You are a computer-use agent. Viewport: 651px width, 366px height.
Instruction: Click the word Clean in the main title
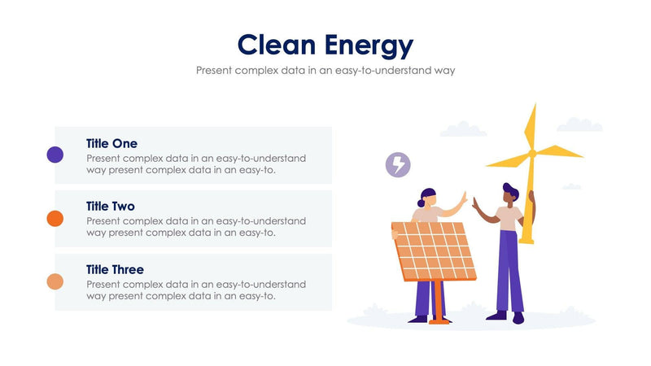pyautogui.click(x=273, y=45)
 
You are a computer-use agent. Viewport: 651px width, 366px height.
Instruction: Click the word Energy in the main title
pyautogui.click(x=369, y=46)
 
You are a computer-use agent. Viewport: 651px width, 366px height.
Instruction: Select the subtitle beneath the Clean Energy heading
pyautogui.click(x=325, y=70)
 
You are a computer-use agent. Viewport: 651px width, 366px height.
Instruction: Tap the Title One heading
pyautogui.click(x=111, y=143)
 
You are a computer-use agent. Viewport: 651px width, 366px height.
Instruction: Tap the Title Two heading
pyautogui.click(x=111, y=207)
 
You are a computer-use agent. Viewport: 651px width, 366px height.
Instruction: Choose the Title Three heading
pyautogui.click(x=115, y=269)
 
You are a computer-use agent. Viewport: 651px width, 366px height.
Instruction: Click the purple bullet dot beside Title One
pyautogui.click(x=55, y=155)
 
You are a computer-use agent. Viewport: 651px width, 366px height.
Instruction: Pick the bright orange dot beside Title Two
pyautogui.click(x=55, y=218)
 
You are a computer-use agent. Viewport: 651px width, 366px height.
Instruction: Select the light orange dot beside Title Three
pyautogui.click(x=55, y=281)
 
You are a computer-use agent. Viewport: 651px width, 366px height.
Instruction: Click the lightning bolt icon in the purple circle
pyautogui.click(x=398, y=164)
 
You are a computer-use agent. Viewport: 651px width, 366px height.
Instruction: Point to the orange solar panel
pyautogui.click(x=433, y=251)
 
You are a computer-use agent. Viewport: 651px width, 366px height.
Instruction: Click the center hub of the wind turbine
pyautogui.click(x=531, y=153)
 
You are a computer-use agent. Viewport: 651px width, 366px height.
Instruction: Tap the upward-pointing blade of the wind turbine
pyautogui.click(x=531, y=127)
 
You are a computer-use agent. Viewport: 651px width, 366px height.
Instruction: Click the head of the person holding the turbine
pyautogui.click(x=510, y=195)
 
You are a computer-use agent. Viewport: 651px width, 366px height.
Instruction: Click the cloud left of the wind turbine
pyautogui.click(x=462, y=129)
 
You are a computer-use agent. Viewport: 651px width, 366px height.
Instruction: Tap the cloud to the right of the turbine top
pyautogui.click(x=579, y=125)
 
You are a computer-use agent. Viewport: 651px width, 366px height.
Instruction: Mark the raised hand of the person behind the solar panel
pyautogui.click(x=463, y=197)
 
